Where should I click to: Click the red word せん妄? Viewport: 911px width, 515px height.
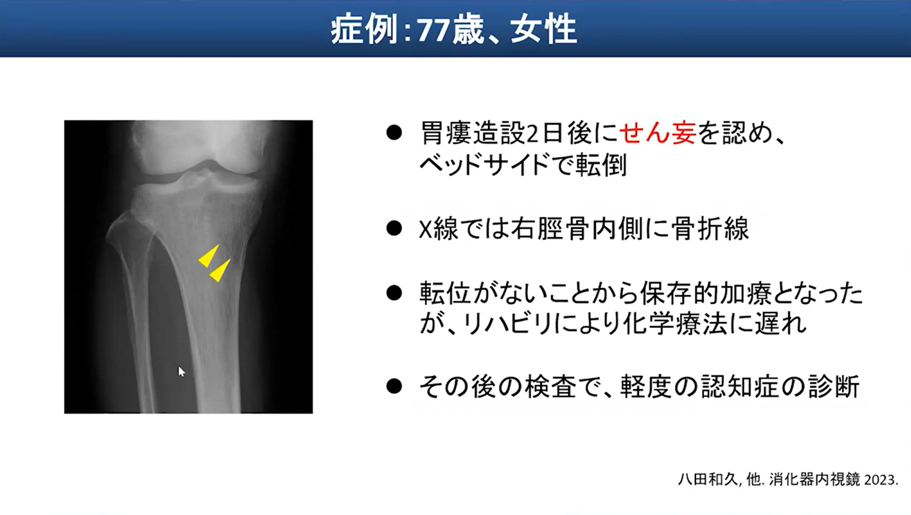pos(658,133)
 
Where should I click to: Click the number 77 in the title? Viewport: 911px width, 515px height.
pos(434,31)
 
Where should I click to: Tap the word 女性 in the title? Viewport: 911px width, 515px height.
pos(543,30)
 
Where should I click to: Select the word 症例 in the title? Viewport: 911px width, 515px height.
pos(364,30)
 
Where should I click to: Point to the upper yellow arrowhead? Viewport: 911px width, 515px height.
pos(209,256)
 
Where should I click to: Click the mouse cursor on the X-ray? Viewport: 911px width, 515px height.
pos(181,371)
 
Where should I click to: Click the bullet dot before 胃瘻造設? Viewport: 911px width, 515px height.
pos(394,134)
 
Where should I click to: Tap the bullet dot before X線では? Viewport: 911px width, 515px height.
pos(394,229)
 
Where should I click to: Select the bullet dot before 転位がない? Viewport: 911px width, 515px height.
pos(394,293)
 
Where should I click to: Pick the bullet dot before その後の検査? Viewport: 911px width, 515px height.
pos(394,386)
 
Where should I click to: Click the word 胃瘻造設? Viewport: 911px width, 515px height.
pos(471,133)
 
